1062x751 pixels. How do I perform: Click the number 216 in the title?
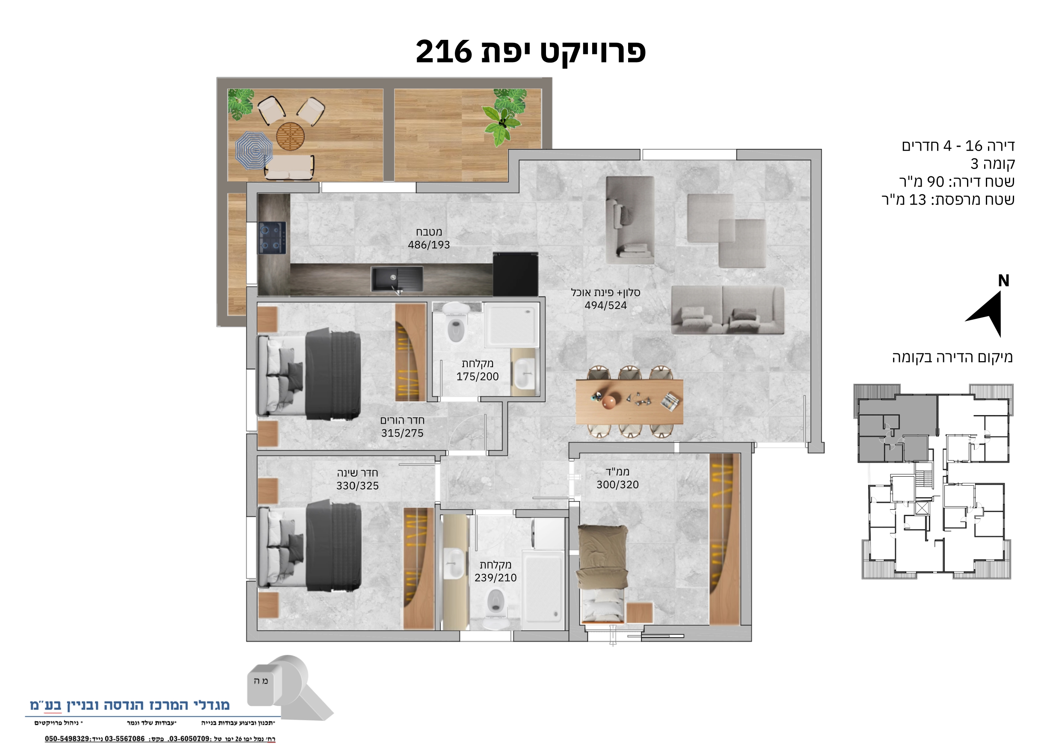tap(443, 51)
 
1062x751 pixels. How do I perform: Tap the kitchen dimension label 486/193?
tap(429, 245)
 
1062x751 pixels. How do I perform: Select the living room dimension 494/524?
tap(605, 306)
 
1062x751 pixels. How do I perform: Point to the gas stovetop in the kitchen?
tap(272, 238)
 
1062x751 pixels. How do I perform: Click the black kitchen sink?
tap(396, 279)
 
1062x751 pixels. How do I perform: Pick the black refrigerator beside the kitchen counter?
tap(515, 274)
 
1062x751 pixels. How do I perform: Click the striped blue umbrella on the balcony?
tap(254, 150)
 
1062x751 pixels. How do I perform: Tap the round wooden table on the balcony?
tap(290, 136)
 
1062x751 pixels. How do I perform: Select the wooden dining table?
tap(629, 401)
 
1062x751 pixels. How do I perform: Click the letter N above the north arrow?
tap(1003, 280)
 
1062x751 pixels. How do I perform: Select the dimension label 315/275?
tap(402, 433)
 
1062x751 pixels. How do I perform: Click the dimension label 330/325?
tap(357, 486)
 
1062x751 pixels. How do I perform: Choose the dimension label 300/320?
tap(617, 484)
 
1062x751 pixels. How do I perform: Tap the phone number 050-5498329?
tap(67, 739)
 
